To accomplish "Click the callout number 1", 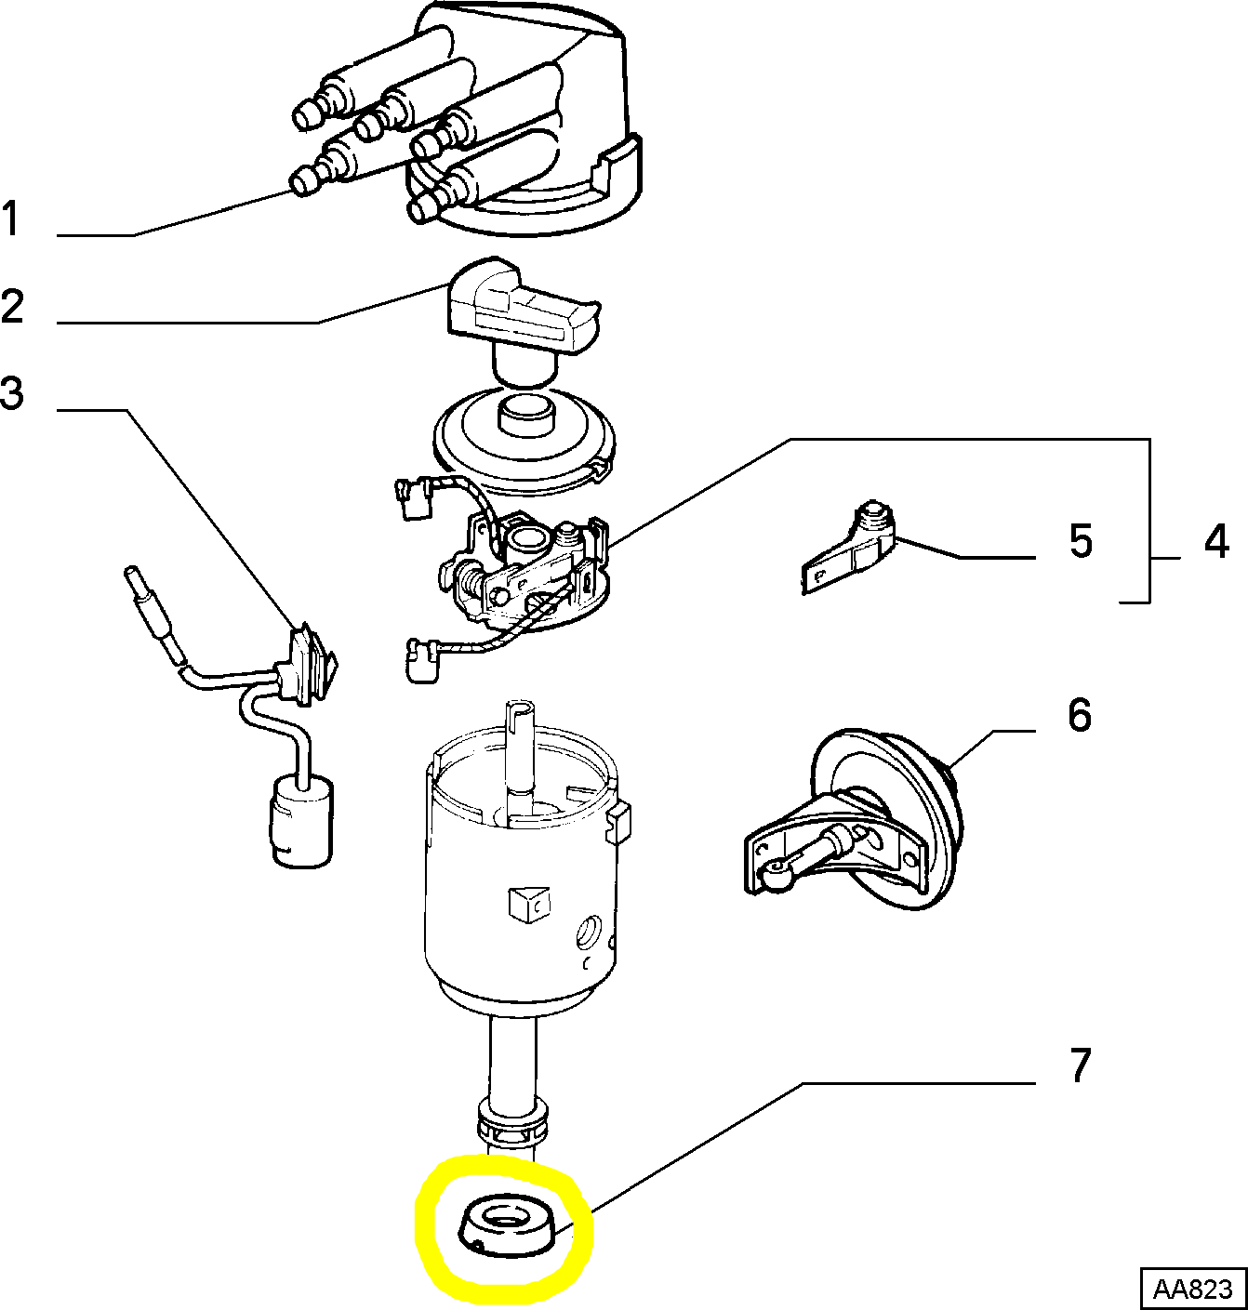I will (11, 220).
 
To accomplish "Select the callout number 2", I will (12, 307).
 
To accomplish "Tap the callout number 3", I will (12, 393).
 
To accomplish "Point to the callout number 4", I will (1215, 541).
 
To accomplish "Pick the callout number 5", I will (1080, 541).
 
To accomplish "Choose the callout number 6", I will (1079, 715).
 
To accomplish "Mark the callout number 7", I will (1079, 1065).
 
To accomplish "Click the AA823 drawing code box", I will (1192, 1290).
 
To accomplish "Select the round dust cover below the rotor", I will (525, 442).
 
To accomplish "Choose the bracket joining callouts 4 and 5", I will (1149, 521).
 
